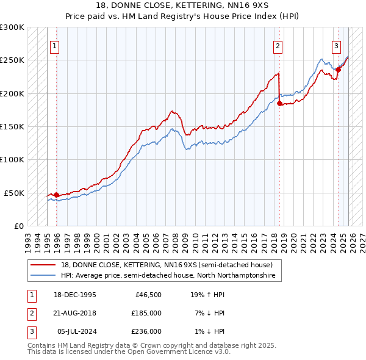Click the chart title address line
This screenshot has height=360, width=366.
click(x=183, y=5)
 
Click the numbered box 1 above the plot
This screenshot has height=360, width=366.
click(x=55, y=45)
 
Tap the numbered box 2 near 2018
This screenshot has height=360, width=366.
click(x=278, y=45)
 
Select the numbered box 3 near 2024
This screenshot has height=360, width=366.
click(x=336, y=45)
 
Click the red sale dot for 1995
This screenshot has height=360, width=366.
click(x=57, y=195)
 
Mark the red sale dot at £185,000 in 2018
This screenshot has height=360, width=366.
click(x=279, y=104)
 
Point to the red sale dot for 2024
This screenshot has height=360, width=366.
click(x=338, y=70)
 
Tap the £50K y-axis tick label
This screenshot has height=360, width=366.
click(x=15, y=193)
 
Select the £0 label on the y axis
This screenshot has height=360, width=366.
click(x=19, y=226)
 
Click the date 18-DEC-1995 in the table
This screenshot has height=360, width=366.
click(x=76, y=295)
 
